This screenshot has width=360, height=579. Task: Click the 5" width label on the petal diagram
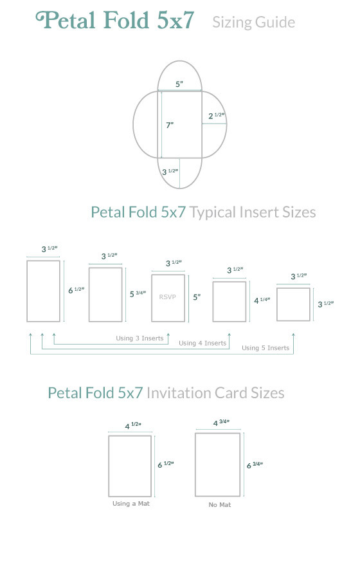[x=179, y=84]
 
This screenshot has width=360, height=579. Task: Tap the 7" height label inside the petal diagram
[x=170, y=125]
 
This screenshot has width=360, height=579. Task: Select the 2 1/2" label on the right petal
[x=217, y=116]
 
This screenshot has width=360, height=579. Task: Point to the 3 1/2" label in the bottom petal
[x=170, y=172]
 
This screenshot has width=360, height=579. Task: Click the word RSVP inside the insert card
[x=167, y=297]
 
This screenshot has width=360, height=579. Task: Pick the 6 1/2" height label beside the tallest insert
[x=76, y=290]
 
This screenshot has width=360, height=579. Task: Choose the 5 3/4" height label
[x=138, y=294]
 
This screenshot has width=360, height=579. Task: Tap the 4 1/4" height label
[x=262, y=300]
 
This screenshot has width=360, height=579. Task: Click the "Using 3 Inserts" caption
[x=139, y=338]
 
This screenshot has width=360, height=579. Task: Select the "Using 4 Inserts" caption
[x=203, y=343]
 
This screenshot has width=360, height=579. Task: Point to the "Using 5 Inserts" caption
[x=265, y=348]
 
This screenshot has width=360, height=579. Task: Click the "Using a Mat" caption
[x=131, y=503]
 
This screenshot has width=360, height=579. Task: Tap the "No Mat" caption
[x=220, y=504]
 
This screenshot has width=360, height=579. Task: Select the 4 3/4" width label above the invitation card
[x=222, y=423]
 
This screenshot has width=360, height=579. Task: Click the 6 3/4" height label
[x=255, y=465]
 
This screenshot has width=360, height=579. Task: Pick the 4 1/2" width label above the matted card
[x=133, y=426]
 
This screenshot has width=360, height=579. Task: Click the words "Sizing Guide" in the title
[x=254, y=22]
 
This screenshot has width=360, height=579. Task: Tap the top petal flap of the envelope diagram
[x=179, y=61]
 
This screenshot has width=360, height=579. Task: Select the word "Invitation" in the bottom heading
[x=179, y=393]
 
